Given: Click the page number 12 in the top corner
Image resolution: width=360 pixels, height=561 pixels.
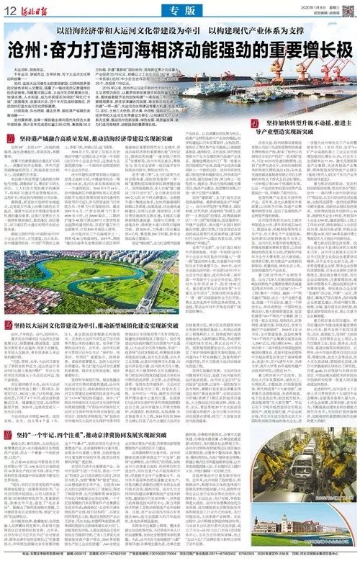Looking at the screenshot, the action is pos(13,8).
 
